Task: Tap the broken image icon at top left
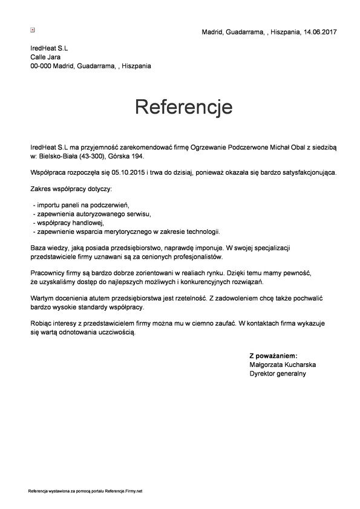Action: [33, 28]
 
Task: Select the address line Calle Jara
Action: [45, 57]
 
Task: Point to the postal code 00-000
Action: [41, 66]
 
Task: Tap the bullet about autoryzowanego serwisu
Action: [91, 214]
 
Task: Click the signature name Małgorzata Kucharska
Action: [283, 365]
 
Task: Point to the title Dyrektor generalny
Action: [278, 374]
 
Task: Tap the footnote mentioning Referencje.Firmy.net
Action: [85, 491]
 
